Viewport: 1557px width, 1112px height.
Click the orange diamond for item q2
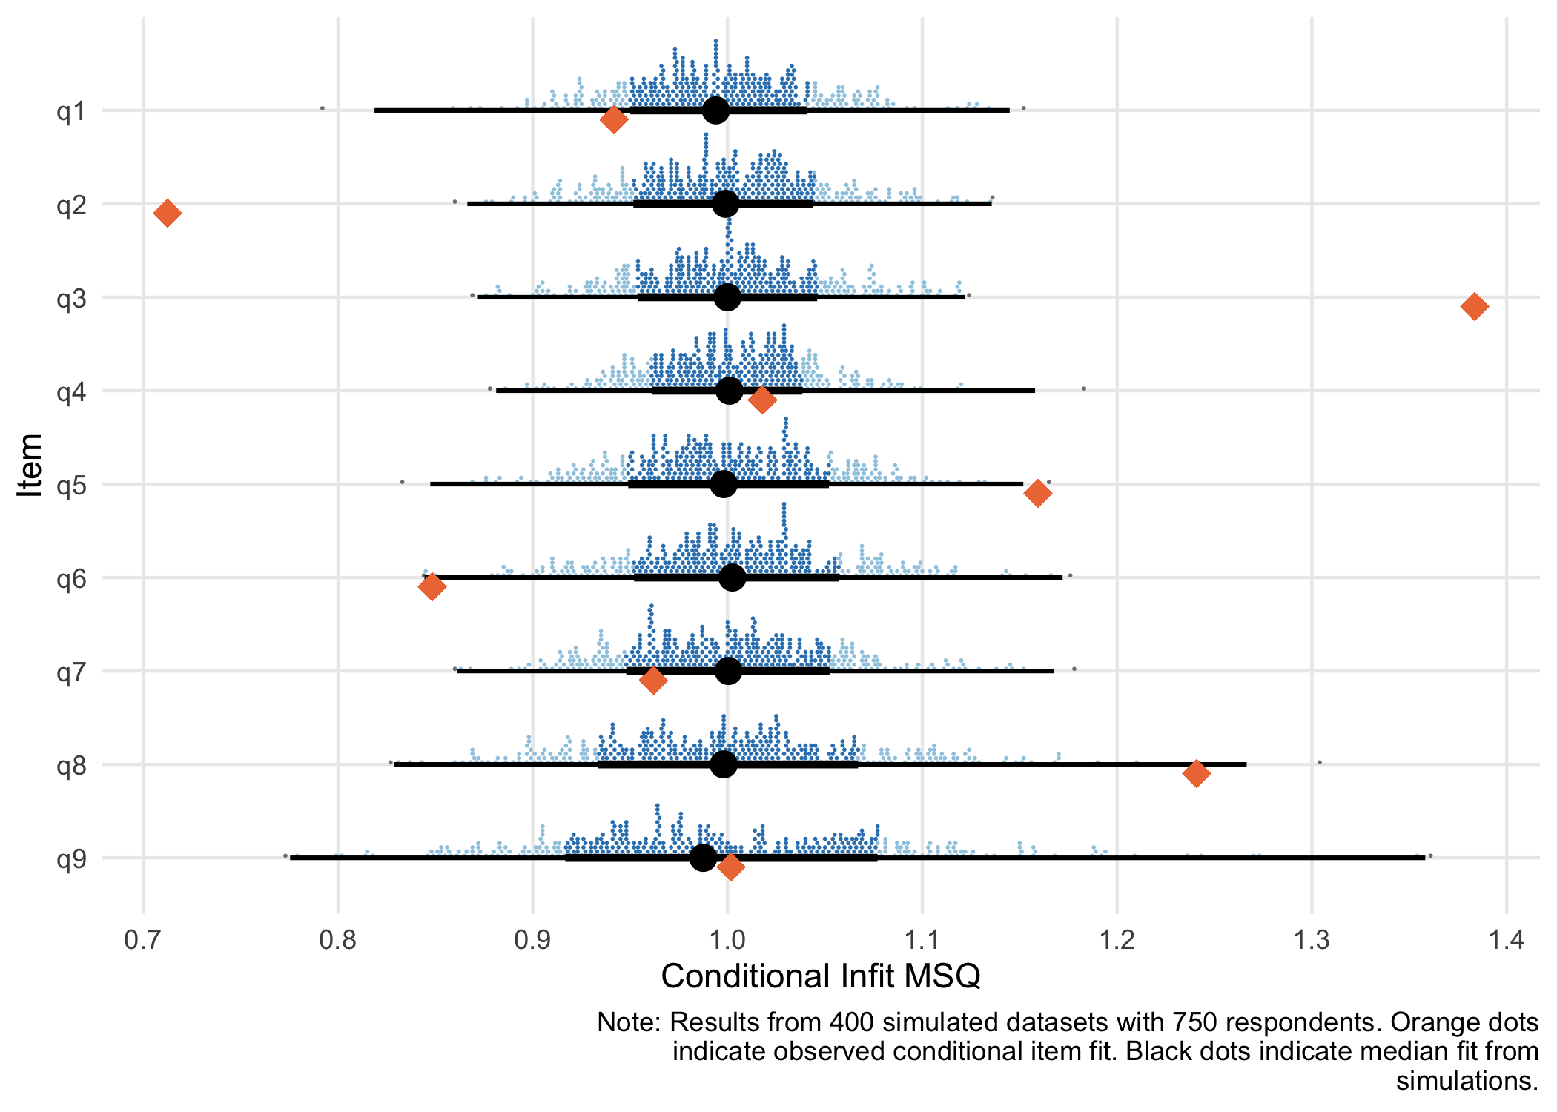coord(168,214)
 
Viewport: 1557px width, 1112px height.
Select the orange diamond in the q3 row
coord(1474,306)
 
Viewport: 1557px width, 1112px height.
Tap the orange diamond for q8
coord(1196,773)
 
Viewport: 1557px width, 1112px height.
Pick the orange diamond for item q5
coord(1037,493)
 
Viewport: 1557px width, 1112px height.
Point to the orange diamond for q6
coord(432,586)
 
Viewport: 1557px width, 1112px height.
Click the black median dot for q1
coord(715,110)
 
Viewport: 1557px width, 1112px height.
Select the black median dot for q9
coord(703,858)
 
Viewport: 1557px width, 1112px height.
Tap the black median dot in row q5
coord(724,484)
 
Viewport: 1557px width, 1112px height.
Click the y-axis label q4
coord(71,392)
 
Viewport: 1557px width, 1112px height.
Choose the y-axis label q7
coord(71,672)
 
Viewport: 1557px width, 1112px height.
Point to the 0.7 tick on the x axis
coord(142,940)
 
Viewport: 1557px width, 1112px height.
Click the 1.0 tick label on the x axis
coord(727,940)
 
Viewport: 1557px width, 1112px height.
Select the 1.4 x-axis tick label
coord(1506,940)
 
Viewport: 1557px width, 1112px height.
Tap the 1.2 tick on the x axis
coord(1117,940)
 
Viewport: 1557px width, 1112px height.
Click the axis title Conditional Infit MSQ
coord(821,976)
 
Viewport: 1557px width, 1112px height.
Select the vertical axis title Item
coord(30,465)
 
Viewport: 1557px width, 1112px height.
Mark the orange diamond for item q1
coord(613,119)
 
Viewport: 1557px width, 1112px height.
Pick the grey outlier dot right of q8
coord(1319,762)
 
